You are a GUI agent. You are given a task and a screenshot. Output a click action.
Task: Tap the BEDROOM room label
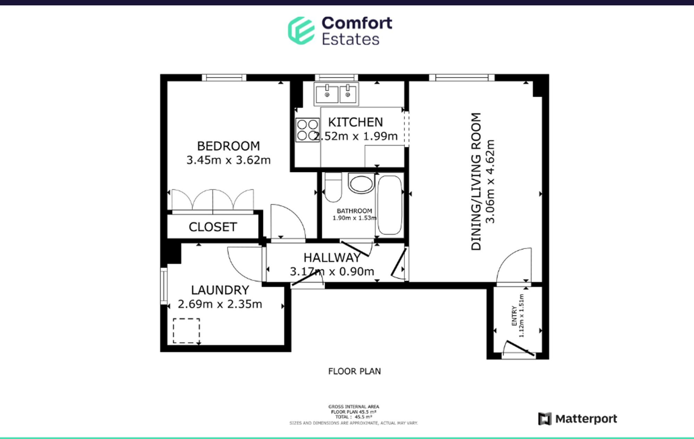point(228,146)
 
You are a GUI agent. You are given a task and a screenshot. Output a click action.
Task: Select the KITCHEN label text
point(355,122)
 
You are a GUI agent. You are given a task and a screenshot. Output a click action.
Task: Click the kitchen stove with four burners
point(307,130)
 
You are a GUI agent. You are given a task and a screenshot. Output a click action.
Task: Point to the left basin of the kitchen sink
point(327,94)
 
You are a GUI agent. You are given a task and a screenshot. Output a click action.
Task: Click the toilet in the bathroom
point(333,188)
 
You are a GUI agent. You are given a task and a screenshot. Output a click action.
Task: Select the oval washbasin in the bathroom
point(361,183)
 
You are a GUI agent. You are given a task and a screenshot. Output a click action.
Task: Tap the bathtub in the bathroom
point(389,205)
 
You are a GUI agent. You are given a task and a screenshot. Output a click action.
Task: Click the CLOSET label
point(213,227)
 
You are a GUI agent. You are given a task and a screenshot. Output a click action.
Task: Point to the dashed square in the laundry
point(186,331)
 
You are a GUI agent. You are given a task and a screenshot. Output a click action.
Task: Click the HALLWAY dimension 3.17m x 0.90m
point(332,271)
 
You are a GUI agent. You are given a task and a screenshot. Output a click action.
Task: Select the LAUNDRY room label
point(220,290)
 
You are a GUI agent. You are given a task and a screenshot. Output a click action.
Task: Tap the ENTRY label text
point(514,316)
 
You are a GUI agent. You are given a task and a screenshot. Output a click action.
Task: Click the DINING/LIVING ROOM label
point(476,181)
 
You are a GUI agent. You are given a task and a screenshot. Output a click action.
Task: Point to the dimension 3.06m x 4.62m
point(490,181)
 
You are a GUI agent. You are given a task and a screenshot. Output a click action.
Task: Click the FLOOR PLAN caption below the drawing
point(354,371)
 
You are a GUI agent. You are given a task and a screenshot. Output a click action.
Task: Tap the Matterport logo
point(578,419)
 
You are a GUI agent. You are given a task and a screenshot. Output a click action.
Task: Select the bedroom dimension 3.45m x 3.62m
point(228,160)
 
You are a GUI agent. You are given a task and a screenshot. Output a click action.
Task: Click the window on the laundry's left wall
point(164,285)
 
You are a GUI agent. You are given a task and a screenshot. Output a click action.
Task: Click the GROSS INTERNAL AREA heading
point(354,406)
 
